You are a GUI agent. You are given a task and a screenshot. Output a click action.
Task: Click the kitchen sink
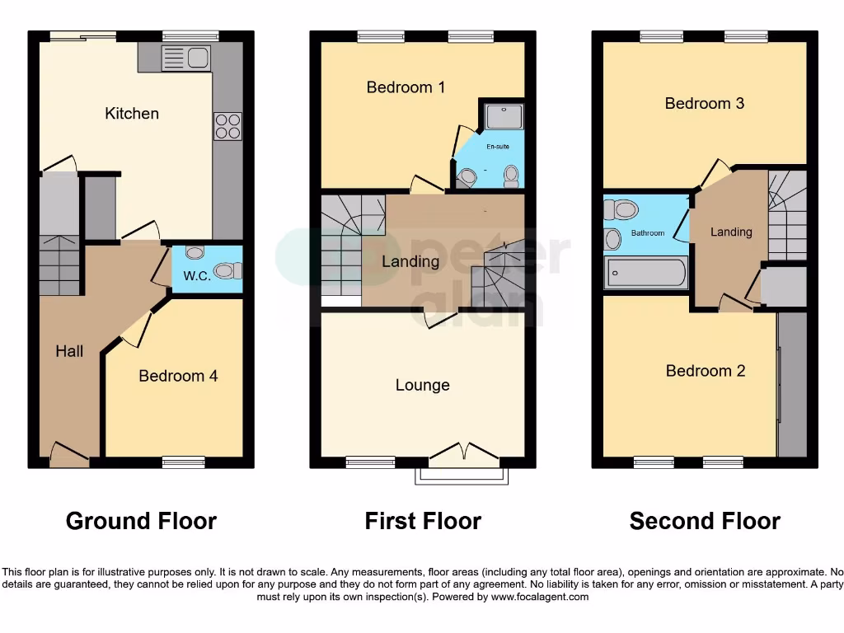[x=186, y=58]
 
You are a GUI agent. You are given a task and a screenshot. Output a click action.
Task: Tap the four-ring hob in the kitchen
[x=227, y=126]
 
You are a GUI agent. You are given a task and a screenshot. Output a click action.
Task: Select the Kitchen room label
[x=132, y=114]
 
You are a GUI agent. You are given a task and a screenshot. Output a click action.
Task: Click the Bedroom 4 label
[x=178, y=376]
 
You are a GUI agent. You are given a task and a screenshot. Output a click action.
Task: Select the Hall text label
[x=69, y=352]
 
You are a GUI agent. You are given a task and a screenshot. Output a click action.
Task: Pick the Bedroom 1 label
[x=406, y=87]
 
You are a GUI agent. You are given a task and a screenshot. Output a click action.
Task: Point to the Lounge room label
[x=422, y=385]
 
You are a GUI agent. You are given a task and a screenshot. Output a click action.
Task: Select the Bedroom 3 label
[x=704, y=104]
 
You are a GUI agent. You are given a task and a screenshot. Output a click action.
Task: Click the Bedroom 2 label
[x=705, y=371]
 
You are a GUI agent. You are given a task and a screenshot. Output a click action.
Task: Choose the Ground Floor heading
[x=141, y=521]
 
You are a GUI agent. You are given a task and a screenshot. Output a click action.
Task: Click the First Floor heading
[x=423, y=521]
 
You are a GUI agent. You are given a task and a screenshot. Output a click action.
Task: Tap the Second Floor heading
[x=705, y=521]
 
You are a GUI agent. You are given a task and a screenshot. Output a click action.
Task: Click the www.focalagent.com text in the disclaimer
[x=539, y=597]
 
